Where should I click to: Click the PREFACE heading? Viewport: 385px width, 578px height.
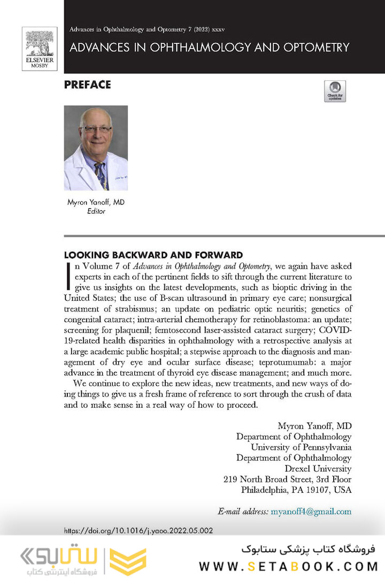[87, 85]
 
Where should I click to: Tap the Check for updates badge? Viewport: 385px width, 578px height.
[335, 92]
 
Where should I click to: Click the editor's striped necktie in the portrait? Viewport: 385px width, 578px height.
[101, 174]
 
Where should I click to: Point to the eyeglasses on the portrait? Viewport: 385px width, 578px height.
[96, 129]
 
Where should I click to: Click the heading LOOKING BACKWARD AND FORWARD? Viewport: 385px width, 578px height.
[153, 255]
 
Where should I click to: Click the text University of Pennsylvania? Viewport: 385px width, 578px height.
[301, 447]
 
